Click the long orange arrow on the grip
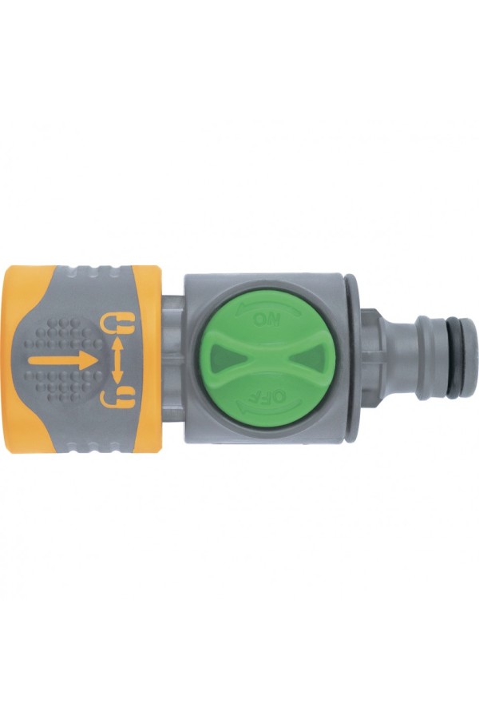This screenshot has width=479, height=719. click(63, 360)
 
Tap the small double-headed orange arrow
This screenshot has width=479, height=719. click(117, 360)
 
